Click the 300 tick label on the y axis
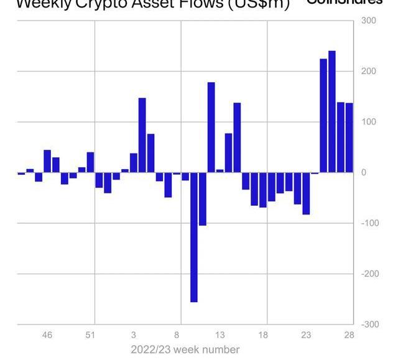coord(368,21)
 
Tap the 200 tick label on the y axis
coord(368,72)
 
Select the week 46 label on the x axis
coord(47,336)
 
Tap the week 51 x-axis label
coord(90,336)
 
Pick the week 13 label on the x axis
coord(220,336)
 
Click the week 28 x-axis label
coord(349,336)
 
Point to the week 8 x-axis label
coord(177,336)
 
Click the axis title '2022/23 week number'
coord(185,349)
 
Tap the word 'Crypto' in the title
coord(106,4)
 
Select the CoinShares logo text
coord(345,2)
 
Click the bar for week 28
coord(349,137)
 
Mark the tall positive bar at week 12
coord(211,127)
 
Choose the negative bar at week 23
coord(306,193)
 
